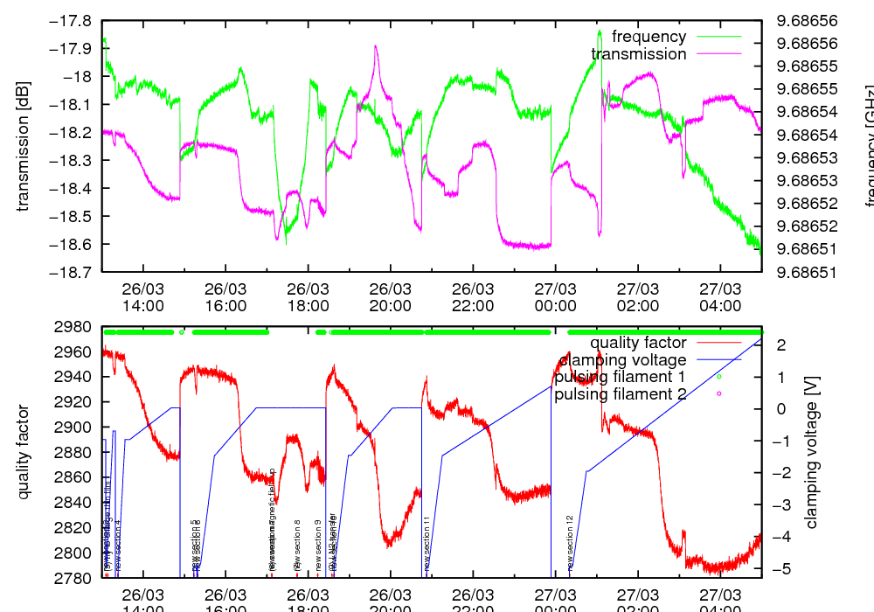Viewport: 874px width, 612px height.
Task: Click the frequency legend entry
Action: (649, 37)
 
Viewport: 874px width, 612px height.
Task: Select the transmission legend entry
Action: (638, 54)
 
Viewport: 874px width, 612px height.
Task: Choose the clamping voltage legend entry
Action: (622, 359)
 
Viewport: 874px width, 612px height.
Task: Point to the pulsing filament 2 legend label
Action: (621, 394)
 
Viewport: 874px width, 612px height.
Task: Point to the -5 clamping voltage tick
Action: (779, 568)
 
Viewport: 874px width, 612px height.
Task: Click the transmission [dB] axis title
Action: (24, 146)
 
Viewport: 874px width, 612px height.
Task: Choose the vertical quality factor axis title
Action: (24, 452)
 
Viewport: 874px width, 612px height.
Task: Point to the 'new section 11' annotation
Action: (427, 543)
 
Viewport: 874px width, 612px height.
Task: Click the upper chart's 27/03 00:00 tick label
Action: (555, 297)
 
